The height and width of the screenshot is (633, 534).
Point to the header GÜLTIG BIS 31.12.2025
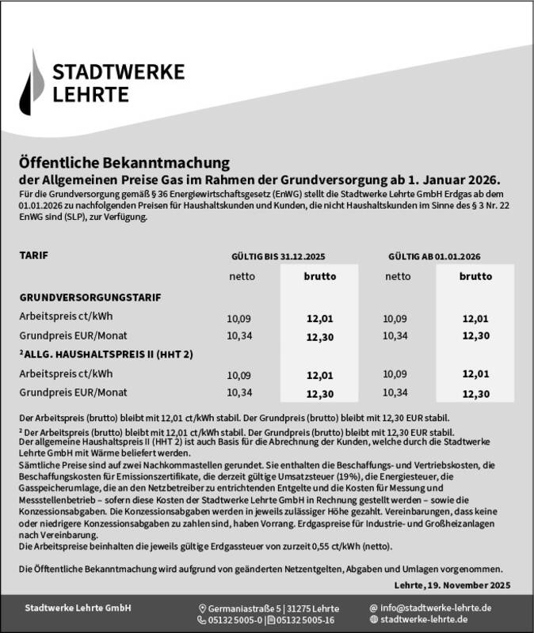pyautogui.click(x=277, y=258)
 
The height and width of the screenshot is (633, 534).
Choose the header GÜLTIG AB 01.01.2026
pyautogui.click(x=435, y=258)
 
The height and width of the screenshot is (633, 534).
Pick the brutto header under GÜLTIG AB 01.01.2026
pyautogui.click(x=475, y=277)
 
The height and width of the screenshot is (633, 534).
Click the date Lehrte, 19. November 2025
pyautogui.click(x=452, y=585)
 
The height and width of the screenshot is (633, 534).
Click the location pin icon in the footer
pyautogui.click(x=202, y=608)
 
